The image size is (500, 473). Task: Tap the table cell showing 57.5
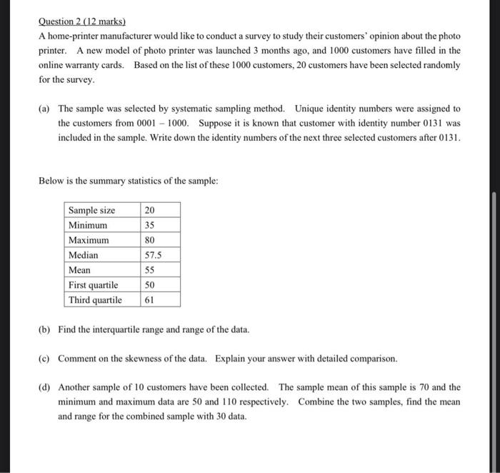pyautogui.click(x=153, y=255)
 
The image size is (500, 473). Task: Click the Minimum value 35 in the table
pyautogui.click(x=149, y=225)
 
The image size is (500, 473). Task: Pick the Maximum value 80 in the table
pyautogui.click(x=149, y=240)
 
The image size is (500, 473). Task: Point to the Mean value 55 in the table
pyautogui.click(x=149, y=270)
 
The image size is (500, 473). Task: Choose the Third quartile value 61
pyautogui.click(x=149, y=300)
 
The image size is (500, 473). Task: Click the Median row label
pyautogui.click(x=84, y=255)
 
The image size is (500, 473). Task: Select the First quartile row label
pyautogui.click(x=94, y=285)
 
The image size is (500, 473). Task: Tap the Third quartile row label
pyautogui.click(x=95, y=300)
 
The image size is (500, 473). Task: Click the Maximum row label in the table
pyautogui.click(x=89, y=240)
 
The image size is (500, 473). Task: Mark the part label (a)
pyautogui.click(x=44, y=109)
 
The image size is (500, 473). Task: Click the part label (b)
pyautogui.click(x=44, y=329)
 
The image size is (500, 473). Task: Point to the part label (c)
pyautogui.click(x=44, y=358)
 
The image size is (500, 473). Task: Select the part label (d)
pyautogui.click(x=44, y=387)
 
